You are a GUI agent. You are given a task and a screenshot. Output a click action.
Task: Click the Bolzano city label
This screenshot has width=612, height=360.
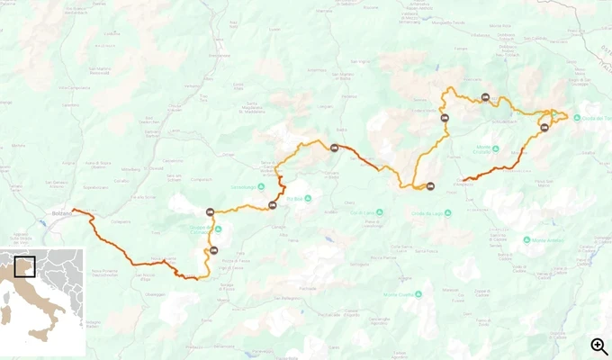point(62,213)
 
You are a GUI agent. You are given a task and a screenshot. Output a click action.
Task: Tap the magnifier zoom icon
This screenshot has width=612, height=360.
point(599,346)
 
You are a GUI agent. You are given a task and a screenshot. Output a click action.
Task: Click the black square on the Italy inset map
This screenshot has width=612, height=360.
point(24,267)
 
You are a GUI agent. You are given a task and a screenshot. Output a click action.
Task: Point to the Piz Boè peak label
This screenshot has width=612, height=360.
point(298,199)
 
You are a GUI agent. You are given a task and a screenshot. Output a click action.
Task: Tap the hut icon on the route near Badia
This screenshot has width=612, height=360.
point(335,148)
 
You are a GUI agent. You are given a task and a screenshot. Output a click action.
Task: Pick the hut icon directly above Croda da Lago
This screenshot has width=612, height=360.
point(430,186)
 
